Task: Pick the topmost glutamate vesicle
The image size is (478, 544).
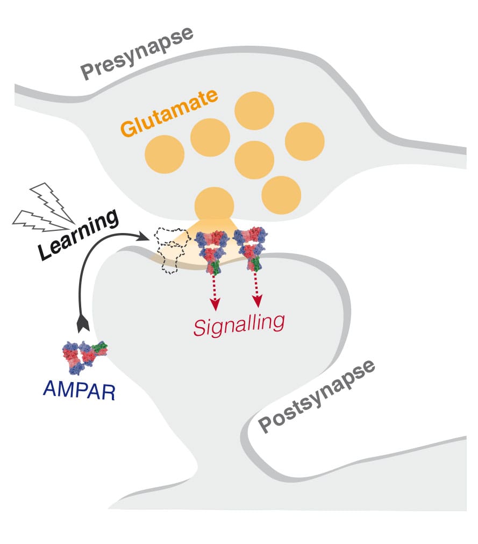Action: [x=254, y=110]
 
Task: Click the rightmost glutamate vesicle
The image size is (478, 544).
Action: [x=304, y=141]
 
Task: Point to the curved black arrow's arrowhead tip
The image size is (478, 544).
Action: [x=150, y=235]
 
